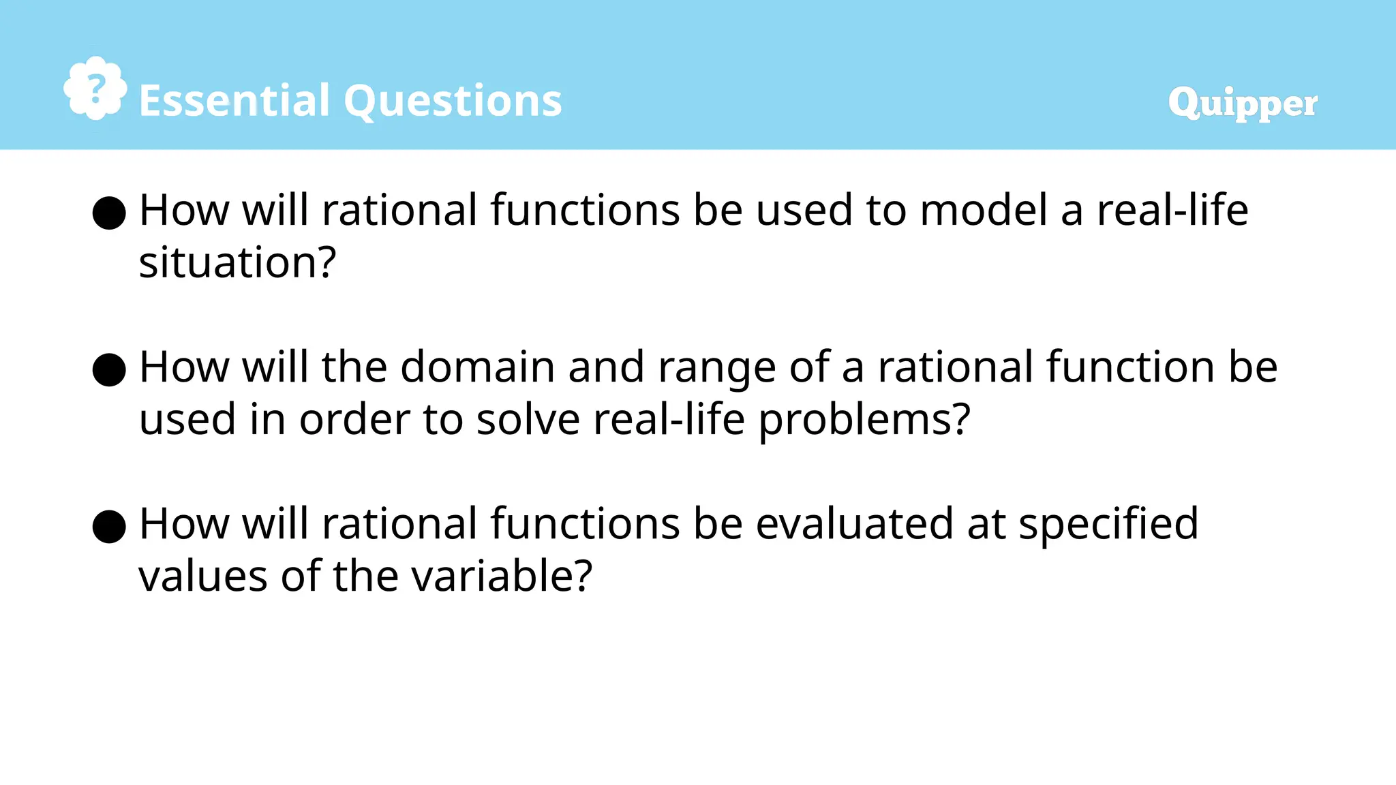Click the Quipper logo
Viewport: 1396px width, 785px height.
point(1242,104)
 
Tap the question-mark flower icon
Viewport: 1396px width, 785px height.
point(95,89)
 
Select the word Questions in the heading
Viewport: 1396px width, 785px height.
point(453,101)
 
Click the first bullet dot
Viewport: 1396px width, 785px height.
point(109,213)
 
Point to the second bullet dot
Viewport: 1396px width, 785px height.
point(109,370)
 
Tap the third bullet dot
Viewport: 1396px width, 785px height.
point(109,527)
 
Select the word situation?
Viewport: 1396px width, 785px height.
point(237,262)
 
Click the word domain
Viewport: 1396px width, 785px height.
point(477,367)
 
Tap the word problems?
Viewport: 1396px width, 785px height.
point(864,420)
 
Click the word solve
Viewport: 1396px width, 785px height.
point(528,419)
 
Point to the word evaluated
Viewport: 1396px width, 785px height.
point(854,524)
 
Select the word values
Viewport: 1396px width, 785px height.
point(202,576)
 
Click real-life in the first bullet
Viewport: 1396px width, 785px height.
point(1172,210)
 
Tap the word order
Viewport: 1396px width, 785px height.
point(354,419)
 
